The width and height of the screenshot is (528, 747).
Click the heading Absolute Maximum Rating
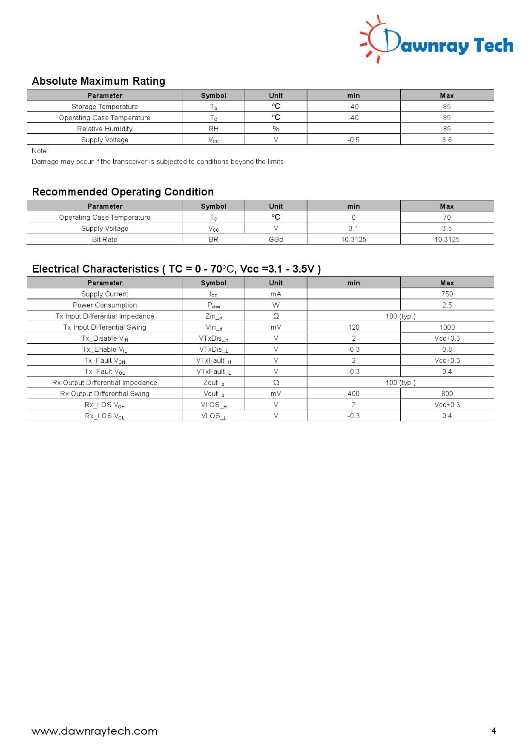pos(98,81)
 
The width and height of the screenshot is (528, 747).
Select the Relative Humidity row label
pos(105,129)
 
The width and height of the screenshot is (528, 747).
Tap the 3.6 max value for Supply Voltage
pos(447,140)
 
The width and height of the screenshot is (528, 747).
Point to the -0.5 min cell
pos(353,140)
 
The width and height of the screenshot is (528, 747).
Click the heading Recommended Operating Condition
pos(123,192)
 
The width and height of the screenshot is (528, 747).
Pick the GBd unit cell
pos(276,239)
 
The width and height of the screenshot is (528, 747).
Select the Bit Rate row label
pos(105,239)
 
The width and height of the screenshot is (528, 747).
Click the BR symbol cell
pos(213,239)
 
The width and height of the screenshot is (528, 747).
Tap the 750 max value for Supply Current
pos(447,294)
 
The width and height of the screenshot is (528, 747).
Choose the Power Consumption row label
pos(105,305)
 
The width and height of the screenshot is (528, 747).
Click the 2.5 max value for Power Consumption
pos(447,305)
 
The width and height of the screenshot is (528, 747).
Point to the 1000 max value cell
pos(447,327)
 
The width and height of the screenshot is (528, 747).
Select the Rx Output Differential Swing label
pos(105,394)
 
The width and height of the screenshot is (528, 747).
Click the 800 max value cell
pos(447,394)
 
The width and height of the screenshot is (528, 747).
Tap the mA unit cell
pos(276,294)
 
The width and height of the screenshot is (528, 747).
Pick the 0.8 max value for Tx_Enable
pos(447,349)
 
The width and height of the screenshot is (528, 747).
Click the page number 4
pos(494,731)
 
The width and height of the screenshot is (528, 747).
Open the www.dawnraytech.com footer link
pos(95,731)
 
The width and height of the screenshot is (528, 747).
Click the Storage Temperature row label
pos(105,106)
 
